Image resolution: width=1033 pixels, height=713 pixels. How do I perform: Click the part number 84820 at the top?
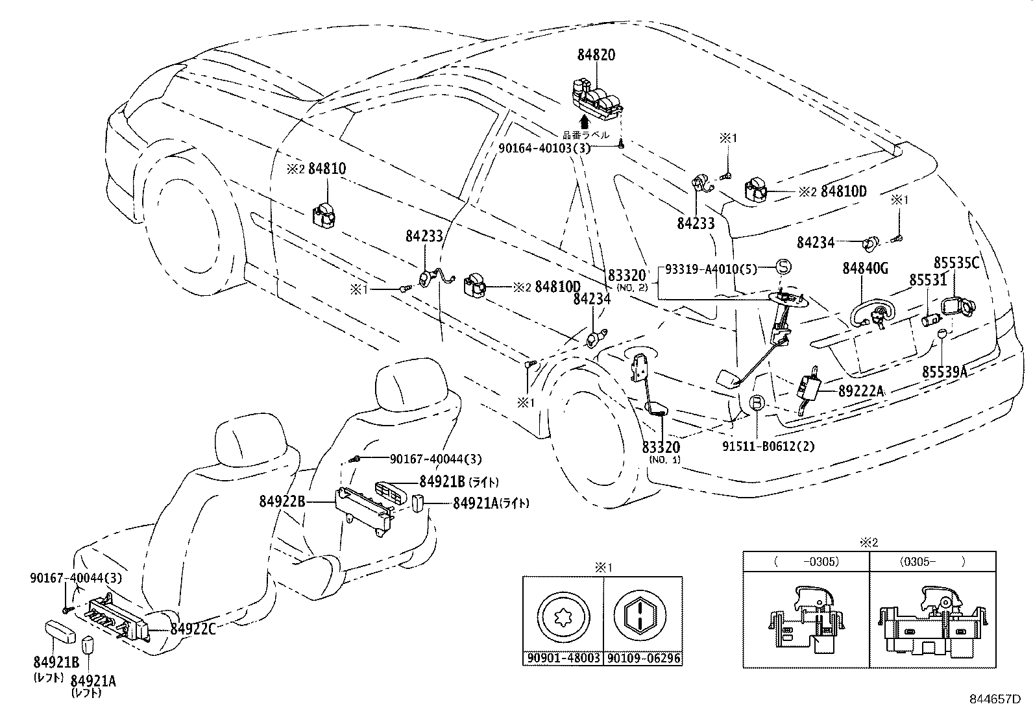click(x=596, y=55)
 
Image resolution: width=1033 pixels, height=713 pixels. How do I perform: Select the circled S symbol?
click(x=783, y=267)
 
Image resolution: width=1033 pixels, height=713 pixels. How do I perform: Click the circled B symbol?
click(x=757, y=404)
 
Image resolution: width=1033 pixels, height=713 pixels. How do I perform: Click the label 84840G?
click(x=865, y=268)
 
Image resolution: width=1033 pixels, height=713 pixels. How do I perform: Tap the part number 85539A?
click(x=945, y=371)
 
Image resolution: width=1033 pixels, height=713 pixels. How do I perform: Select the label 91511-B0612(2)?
click(x=768, y=446)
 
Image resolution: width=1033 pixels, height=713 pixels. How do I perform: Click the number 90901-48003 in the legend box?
click(x=563, y=659)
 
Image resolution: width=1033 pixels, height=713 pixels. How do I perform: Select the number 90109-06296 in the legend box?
click(x=644, y=659)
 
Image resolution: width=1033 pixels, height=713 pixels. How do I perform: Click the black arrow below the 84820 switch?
click(x=584, y=121)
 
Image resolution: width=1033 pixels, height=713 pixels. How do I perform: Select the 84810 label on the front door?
click(x=326, y=169)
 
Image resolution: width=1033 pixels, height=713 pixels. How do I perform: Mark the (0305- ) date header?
click(x=932, y=562)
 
